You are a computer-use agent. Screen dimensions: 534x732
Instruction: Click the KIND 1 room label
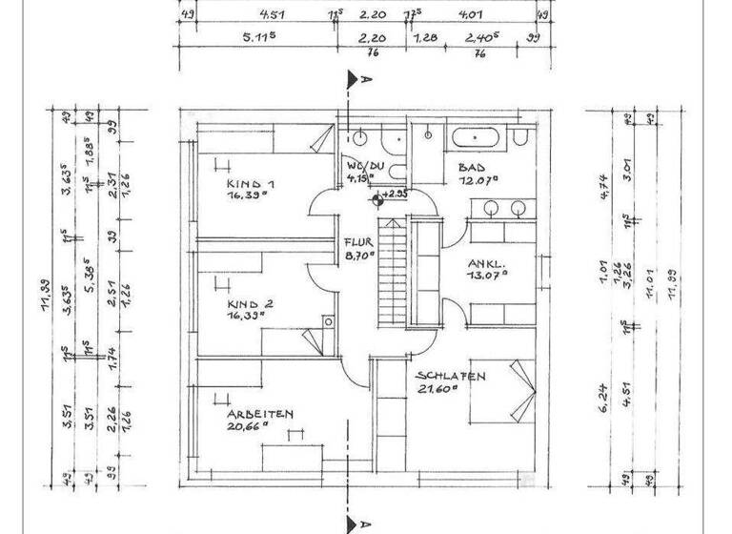251,184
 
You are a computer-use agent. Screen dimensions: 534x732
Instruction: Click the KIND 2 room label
251,305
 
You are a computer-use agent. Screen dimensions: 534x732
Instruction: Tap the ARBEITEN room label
259,415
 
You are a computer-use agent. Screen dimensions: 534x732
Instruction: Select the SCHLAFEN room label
451,377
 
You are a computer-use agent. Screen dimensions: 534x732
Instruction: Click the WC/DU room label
363,164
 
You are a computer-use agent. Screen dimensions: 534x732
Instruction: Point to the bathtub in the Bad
478,137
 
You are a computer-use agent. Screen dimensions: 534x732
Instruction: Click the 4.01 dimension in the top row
470,14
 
